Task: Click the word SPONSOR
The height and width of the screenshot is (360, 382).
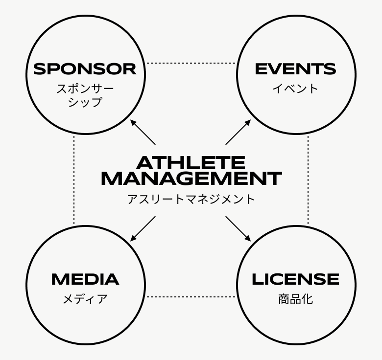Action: tap(85, 69)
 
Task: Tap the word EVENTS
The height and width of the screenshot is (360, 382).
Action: tap(295, 69)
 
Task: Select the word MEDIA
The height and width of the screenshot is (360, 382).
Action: tap(85, 279)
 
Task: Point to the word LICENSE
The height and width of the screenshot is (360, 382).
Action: tap(295, 279)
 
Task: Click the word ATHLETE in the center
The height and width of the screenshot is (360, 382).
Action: tap(191, 162)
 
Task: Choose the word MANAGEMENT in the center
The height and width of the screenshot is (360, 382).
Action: tap(191, 179)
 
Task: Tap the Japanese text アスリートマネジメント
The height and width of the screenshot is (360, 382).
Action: tap(191, 199)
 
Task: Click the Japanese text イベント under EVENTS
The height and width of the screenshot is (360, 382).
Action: tap(295, 89)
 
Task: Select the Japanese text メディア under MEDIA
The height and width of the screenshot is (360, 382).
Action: tap(85, 299)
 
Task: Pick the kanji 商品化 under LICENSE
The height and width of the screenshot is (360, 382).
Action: tap(295, 299)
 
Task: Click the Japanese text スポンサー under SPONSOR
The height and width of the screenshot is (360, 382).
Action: tap(85, 89)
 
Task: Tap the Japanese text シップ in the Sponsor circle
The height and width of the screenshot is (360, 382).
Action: tap(85, 102)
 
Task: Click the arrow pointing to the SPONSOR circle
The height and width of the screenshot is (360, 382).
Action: tap(143, 132)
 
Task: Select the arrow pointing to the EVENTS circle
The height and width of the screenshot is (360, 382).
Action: tap(239, 132)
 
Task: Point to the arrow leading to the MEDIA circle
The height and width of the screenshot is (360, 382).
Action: tap(143, 229)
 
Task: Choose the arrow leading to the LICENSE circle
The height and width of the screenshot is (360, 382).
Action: tap(239, 229)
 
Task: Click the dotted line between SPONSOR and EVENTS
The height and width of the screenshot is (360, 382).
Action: tap(191, 63)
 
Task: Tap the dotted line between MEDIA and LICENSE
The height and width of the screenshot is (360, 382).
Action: tap(191, 297)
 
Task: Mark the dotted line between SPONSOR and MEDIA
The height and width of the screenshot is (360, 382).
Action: tap(74, 180)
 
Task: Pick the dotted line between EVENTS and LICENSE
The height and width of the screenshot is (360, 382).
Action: tap(308, 180)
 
